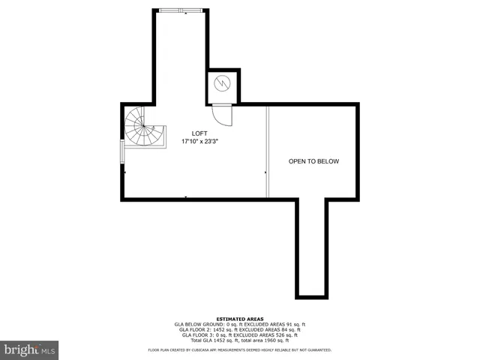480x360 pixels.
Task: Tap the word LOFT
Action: pos(199,133)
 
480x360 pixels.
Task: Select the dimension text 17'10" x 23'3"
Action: pos(200,141)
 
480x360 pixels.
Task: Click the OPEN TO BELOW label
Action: pos(314,161)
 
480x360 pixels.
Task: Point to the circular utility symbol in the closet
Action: pos(222,83)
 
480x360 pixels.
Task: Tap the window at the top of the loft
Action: pos(180,10)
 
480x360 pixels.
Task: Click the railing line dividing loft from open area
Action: pos(268,150)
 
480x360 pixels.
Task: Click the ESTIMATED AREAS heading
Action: pos(239,319)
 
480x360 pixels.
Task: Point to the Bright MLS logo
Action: pos(29,349)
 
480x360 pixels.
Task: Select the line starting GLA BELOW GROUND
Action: pos(239,324)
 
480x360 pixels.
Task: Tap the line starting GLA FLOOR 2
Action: pos(239,330)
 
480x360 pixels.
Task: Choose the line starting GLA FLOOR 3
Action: pos(239,335)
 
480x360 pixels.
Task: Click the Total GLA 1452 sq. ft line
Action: pos(239,340)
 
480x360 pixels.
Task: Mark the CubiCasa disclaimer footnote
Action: pos(239,349)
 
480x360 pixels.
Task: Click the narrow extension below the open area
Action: pos(311,247)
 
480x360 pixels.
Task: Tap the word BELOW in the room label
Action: pos(328,161)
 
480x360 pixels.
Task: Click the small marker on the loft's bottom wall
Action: pos(186,198)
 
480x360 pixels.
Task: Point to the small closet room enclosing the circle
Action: pos(222,84)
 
